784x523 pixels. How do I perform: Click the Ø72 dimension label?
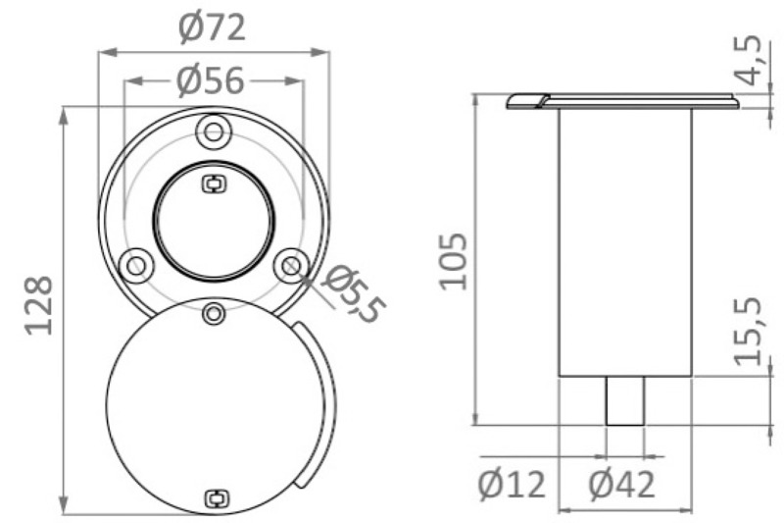(212, 28)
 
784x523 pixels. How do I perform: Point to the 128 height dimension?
(37, 305)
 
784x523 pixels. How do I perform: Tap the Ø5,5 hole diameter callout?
(352, 293)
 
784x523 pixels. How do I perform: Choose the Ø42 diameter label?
(621, 484)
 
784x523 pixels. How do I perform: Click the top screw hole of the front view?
(213, 131)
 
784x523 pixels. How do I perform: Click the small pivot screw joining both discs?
(213, 313)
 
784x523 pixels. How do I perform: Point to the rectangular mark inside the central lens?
(213, 183)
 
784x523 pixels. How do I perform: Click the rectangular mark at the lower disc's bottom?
(213, 498)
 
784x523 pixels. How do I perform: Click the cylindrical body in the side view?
(624, 240)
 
